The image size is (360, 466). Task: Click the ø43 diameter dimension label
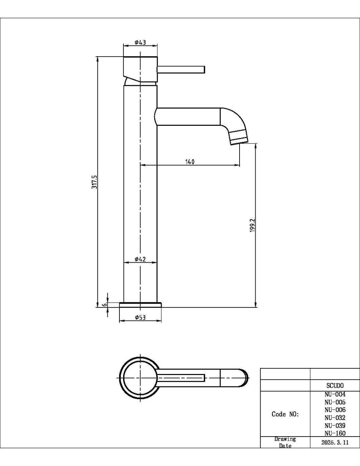pyautogui.click(x=140, y=42)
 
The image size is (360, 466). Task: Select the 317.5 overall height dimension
pyautogui.click(x=94, y=182)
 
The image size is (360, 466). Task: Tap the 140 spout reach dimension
pyautogui.click(x=190, y=162)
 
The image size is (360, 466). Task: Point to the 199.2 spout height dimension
pyautogui.click(x=253, y=225)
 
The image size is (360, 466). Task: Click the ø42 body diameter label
pyautogui.click(x=140, y=259)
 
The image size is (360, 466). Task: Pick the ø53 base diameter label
pyautogui.click(x=140, y=317)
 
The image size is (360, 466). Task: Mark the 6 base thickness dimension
pyautogui.click(x=104, y=304)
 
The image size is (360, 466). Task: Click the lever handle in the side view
pyautogui.click(x=181, y=69)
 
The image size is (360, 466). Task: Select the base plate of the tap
pyautogui.click(x=140, y=304)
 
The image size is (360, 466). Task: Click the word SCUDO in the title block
pyautogui.click(x=335, y=385)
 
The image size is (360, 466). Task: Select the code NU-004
pyautogui.click(x=335, y=394)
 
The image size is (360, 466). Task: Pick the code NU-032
pyautogui.click(x=335, y=417)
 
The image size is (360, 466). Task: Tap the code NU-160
pyautogui.click(x=335, y=433)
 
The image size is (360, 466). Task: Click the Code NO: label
pyautogui.click(x=285, y=414)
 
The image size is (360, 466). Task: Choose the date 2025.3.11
pyautogui.click(x=335, y=443)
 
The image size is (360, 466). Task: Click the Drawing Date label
pyautogui.click(x=285, y=442)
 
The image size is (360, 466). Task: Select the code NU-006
pyautogui.click(x=335, y=410)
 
